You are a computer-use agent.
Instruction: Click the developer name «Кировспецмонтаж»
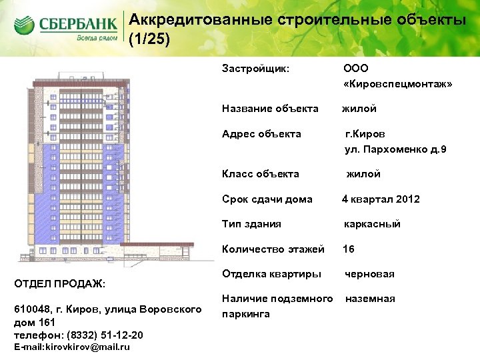pos(397,85)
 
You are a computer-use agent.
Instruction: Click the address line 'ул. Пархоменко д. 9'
pos(395,149)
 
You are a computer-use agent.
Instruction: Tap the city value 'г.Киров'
pos(364,134)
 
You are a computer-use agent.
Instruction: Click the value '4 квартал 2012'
pos(381,199)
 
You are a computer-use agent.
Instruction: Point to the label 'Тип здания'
pos(251,224)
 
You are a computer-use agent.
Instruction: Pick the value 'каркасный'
pos(372,224)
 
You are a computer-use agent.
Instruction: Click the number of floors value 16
pos(349,249)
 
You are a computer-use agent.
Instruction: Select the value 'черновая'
pos(369,274)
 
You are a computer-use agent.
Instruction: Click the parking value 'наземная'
pos(369,299)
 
